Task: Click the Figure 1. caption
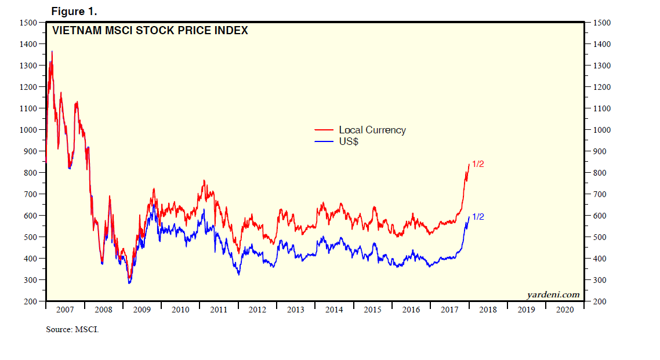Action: coord(74,11)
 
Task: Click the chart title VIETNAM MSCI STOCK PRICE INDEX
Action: coord(150,31)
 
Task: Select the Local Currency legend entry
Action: coord(372,130)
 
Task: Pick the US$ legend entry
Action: coord(349,141)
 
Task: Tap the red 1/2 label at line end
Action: coord(478,164)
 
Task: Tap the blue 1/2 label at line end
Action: coord(478,217)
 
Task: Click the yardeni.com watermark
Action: coord(553,294)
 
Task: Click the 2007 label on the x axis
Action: coord(65,310)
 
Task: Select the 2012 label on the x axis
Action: coord(257,310)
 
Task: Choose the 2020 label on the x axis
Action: coord(564,310)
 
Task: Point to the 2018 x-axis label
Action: coord(488,310)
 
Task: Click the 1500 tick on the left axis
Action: coord(27,23)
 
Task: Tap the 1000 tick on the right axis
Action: coord(601,130)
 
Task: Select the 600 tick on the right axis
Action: coord(599,216)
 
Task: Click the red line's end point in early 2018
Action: coord(469,164)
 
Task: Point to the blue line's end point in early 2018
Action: coord(469,217)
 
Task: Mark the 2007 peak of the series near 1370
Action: coord(52,51)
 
